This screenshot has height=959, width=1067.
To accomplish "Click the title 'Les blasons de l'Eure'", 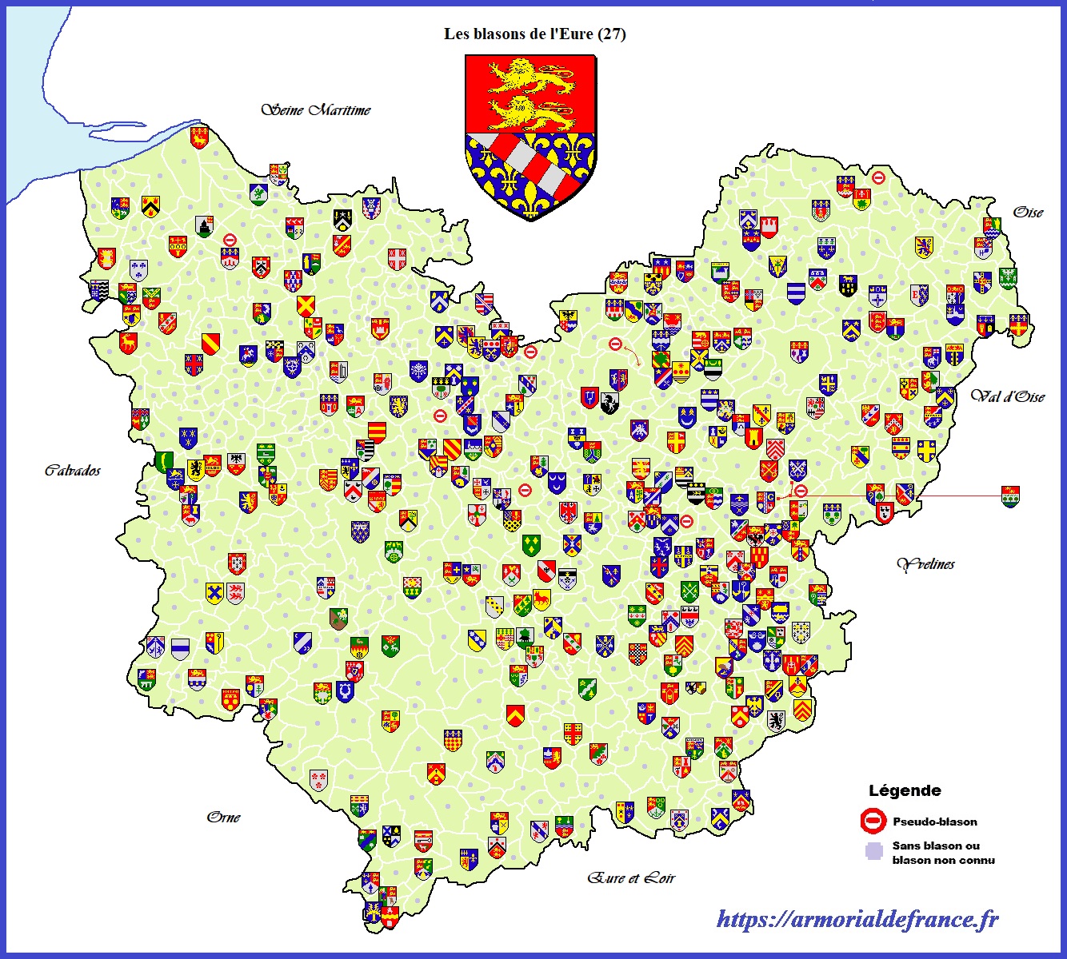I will coord(518,34).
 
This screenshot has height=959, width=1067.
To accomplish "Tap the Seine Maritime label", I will coord(316,109).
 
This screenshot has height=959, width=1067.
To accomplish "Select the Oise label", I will coord(1028,212).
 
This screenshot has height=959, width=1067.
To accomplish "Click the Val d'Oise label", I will coord(1008,396).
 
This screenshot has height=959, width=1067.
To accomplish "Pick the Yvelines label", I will coord(926,564).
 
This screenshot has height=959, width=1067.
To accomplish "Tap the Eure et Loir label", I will coord(631,877).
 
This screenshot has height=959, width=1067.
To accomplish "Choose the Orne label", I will coord(223,817).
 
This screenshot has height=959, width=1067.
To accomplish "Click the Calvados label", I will coord(73,470).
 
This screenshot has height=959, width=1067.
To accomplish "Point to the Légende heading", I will coord(905,790).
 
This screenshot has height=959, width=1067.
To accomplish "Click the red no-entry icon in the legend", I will coord(873,821).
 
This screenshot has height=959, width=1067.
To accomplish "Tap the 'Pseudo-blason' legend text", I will coord(935,822).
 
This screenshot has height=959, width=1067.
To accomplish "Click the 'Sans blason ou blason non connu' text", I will coord(943,853).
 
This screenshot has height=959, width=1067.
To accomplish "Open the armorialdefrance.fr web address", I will coord(857,919).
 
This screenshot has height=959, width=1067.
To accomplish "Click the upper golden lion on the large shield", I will coord(531,76).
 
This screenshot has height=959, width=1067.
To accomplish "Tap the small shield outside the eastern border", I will coord(1010,496).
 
